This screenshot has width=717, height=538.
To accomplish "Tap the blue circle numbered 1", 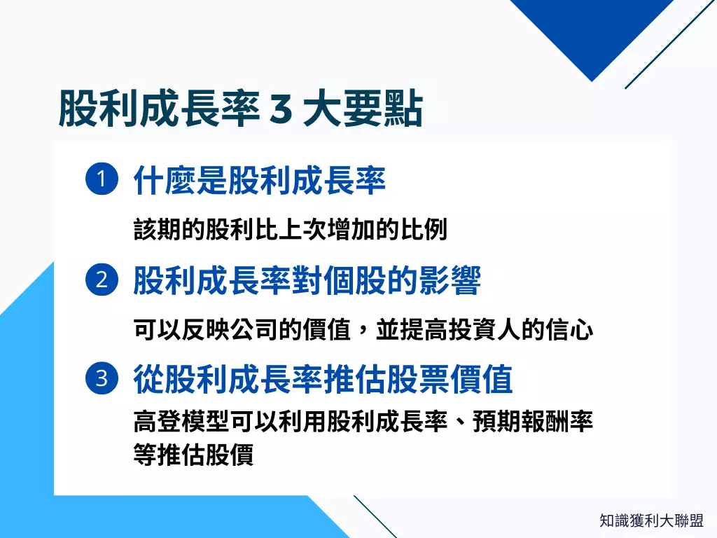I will [101, 180].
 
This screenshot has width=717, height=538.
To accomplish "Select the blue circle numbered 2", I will [101, 280].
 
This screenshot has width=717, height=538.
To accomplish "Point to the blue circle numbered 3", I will [101, 380].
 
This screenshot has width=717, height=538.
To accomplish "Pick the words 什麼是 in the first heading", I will [180, 181].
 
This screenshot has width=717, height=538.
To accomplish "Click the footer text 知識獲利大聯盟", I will [651, 520].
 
